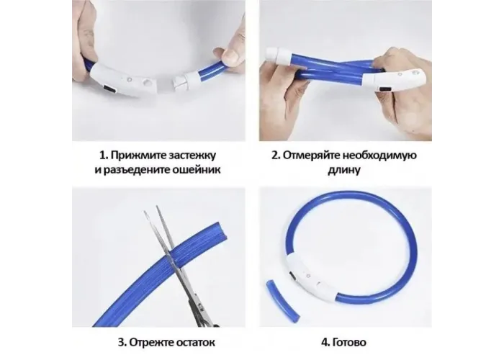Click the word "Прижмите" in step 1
[x=138, y=156]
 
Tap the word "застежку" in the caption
[x=192, y=156]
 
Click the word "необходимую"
[x=379, y=156]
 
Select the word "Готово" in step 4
[x=349, y=343]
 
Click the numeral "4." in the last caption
[x=325, y=343]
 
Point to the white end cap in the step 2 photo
[x=277, y=57]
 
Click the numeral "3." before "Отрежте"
[x=122, y=343]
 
